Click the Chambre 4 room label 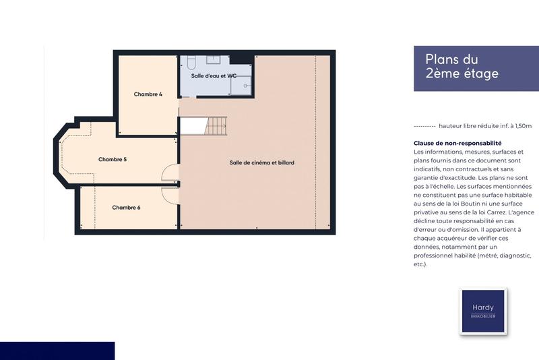[x=148, y=94]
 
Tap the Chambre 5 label [x=113, y=160]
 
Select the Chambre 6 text [x=126, y=208]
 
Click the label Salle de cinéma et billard [x=261, y=162]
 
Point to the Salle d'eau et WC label [x=214, y=76]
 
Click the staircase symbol [x=216, y=125]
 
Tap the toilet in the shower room [x=191, y=63]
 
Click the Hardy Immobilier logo [x=482, y=311]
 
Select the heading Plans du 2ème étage [x=462, y=67]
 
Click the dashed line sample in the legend [x=424, y=126]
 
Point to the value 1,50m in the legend [x=520, y=126]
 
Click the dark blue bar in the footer [x=57, y=351]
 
